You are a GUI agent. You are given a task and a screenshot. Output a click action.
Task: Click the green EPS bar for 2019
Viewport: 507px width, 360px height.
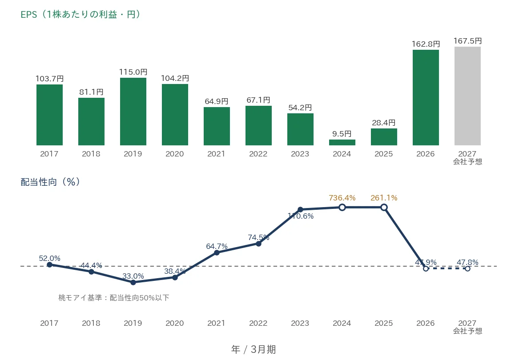tap(133, 112)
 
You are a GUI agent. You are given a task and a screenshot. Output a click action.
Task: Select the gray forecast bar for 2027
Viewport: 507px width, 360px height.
tap(467, 96)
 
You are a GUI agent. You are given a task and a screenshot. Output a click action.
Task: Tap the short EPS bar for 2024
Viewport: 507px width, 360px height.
tap(342, 143)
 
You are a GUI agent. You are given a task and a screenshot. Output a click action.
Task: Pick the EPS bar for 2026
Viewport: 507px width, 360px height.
tap(426, 98)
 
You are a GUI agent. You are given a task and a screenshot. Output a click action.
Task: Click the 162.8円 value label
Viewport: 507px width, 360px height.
tap(426, 44)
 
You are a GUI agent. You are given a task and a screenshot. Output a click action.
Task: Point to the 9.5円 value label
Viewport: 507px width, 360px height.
tap(342, 134)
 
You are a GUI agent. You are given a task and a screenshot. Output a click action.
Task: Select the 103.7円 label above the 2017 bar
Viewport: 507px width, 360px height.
tap(49, 79)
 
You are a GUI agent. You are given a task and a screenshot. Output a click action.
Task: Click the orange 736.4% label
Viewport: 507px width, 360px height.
tap(342, 198)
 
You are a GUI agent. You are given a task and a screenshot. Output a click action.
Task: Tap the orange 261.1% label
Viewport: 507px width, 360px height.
tap(384, 198)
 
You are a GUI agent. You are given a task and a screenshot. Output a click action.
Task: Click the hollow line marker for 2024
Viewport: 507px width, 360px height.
tap(342, 208)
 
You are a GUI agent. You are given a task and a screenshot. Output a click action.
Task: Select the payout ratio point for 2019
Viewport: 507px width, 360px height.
tap(133, 282)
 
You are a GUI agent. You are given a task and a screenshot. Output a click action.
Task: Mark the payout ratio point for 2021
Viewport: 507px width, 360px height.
tap(217, 253)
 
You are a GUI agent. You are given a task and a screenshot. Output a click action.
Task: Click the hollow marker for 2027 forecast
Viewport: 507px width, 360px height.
tap(467, 268)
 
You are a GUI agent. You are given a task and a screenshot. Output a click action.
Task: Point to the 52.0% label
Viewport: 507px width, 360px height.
tap(49, 258)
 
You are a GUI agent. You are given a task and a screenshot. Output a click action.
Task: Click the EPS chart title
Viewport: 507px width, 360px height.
tap(80, 15)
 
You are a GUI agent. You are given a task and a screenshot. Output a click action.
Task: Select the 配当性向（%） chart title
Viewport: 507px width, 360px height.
tap(50, 182)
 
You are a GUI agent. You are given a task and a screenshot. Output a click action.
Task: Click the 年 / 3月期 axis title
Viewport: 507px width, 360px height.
tap(253, 349)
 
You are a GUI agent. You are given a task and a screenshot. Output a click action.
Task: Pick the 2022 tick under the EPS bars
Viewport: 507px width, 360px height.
tap(258, 154)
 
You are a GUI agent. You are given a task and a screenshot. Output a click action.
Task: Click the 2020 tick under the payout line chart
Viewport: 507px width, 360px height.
tap(175, 323)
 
